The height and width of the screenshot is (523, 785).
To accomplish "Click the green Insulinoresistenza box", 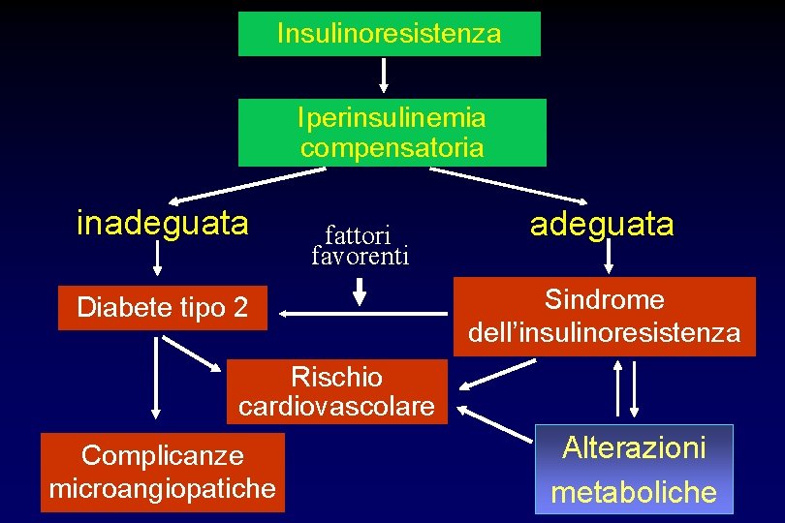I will tap(390, 34).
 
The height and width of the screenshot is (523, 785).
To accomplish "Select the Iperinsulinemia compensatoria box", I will tap(392, 133).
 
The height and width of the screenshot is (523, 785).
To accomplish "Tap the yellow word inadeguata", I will tap(162, 224).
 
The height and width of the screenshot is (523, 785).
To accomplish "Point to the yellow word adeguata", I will tap(601, 225).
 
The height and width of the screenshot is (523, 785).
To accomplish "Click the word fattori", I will tap(358, 235).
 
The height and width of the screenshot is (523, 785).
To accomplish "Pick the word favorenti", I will tap(361, 257).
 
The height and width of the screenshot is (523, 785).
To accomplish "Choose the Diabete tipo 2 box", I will tap(162, 309).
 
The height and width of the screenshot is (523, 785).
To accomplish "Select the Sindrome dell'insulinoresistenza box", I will tap(604, 316).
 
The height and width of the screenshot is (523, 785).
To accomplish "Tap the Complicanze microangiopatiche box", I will tap(163, 472).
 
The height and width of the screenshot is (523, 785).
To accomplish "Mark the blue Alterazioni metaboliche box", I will tap(634, 469).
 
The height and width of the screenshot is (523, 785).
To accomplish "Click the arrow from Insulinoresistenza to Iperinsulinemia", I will tap(385, 76).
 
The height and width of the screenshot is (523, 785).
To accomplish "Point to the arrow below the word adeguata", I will tap(609, 256).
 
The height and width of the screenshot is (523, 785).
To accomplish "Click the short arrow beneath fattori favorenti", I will tap(361, 289).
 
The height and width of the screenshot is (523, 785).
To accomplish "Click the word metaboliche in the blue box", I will tap(634, 492).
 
